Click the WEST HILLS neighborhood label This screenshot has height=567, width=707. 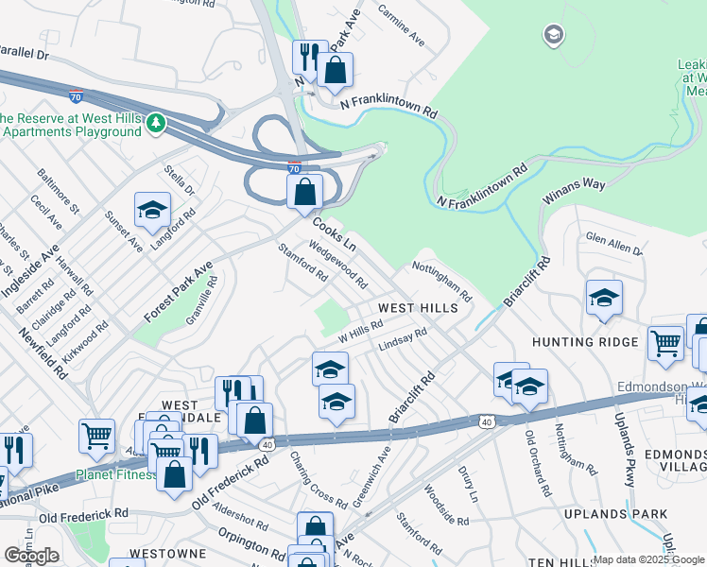[418, 308]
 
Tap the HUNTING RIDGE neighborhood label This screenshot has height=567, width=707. [585, 342]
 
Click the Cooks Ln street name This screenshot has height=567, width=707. [334, 232]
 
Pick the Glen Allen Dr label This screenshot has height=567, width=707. [613, 245]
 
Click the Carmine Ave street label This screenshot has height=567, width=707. [402, 26]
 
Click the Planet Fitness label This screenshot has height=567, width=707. [116, 474]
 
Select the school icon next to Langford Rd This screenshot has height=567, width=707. [152, 212]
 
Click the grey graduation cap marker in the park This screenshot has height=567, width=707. [553, 36]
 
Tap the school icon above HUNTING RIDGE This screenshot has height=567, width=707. [604, 298]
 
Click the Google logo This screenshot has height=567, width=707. [31, 556]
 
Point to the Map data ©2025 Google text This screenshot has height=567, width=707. [649, 559]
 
